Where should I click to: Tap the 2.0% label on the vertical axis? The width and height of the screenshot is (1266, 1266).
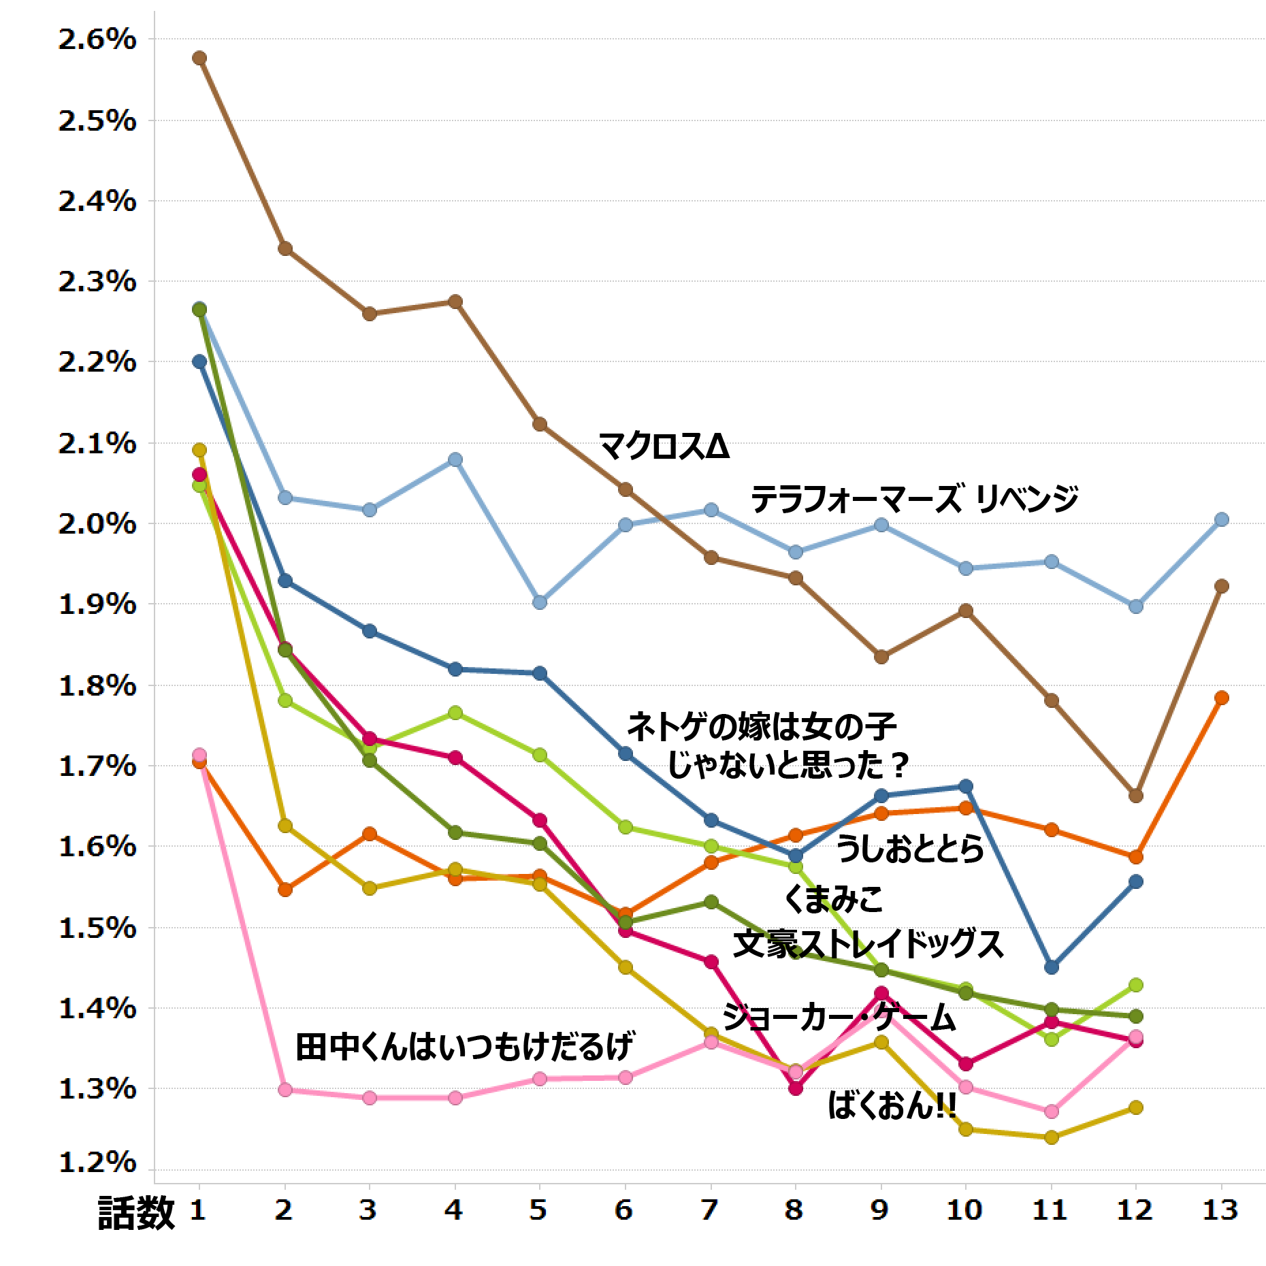point(97,525)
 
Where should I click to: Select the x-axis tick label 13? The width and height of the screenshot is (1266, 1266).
point(1220,1210)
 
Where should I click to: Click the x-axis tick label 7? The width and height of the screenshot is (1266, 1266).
point(710,1210)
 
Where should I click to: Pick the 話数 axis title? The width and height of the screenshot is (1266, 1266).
point(137,1214)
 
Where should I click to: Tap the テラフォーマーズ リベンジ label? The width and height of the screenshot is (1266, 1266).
point(914,499)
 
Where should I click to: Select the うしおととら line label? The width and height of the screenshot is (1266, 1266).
point(910,849)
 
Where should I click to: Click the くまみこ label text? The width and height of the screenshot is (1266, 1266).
point(833,898)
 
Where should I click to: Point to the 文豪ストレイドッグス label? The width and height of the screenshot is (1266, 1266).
point(868,945)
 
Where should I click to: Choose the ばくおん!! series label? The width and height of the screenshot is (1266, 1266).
point(892,1106)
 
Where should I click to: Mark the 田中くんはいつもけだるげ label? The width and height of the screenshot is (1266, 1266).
point(464,1046)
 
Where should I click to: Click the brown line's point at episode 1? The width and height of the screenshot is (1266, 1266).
point(199,58)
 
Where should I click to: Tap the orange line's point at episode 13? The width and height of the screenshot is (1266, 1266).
point(1221,698)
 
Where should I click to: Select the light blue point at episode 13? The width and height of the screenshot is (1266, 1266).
point(1221,519)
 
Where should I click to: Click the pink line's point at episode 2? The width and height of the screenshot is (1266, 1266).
point(285,1090)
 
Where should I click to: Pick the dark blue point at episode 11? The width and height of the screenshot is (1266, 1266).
point(1051,967)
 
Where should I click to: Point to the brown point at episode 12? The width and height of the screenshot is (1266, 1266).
point(1135,796)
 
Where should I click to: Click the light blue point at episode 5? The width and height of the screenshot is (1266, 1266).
point(540,602)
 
